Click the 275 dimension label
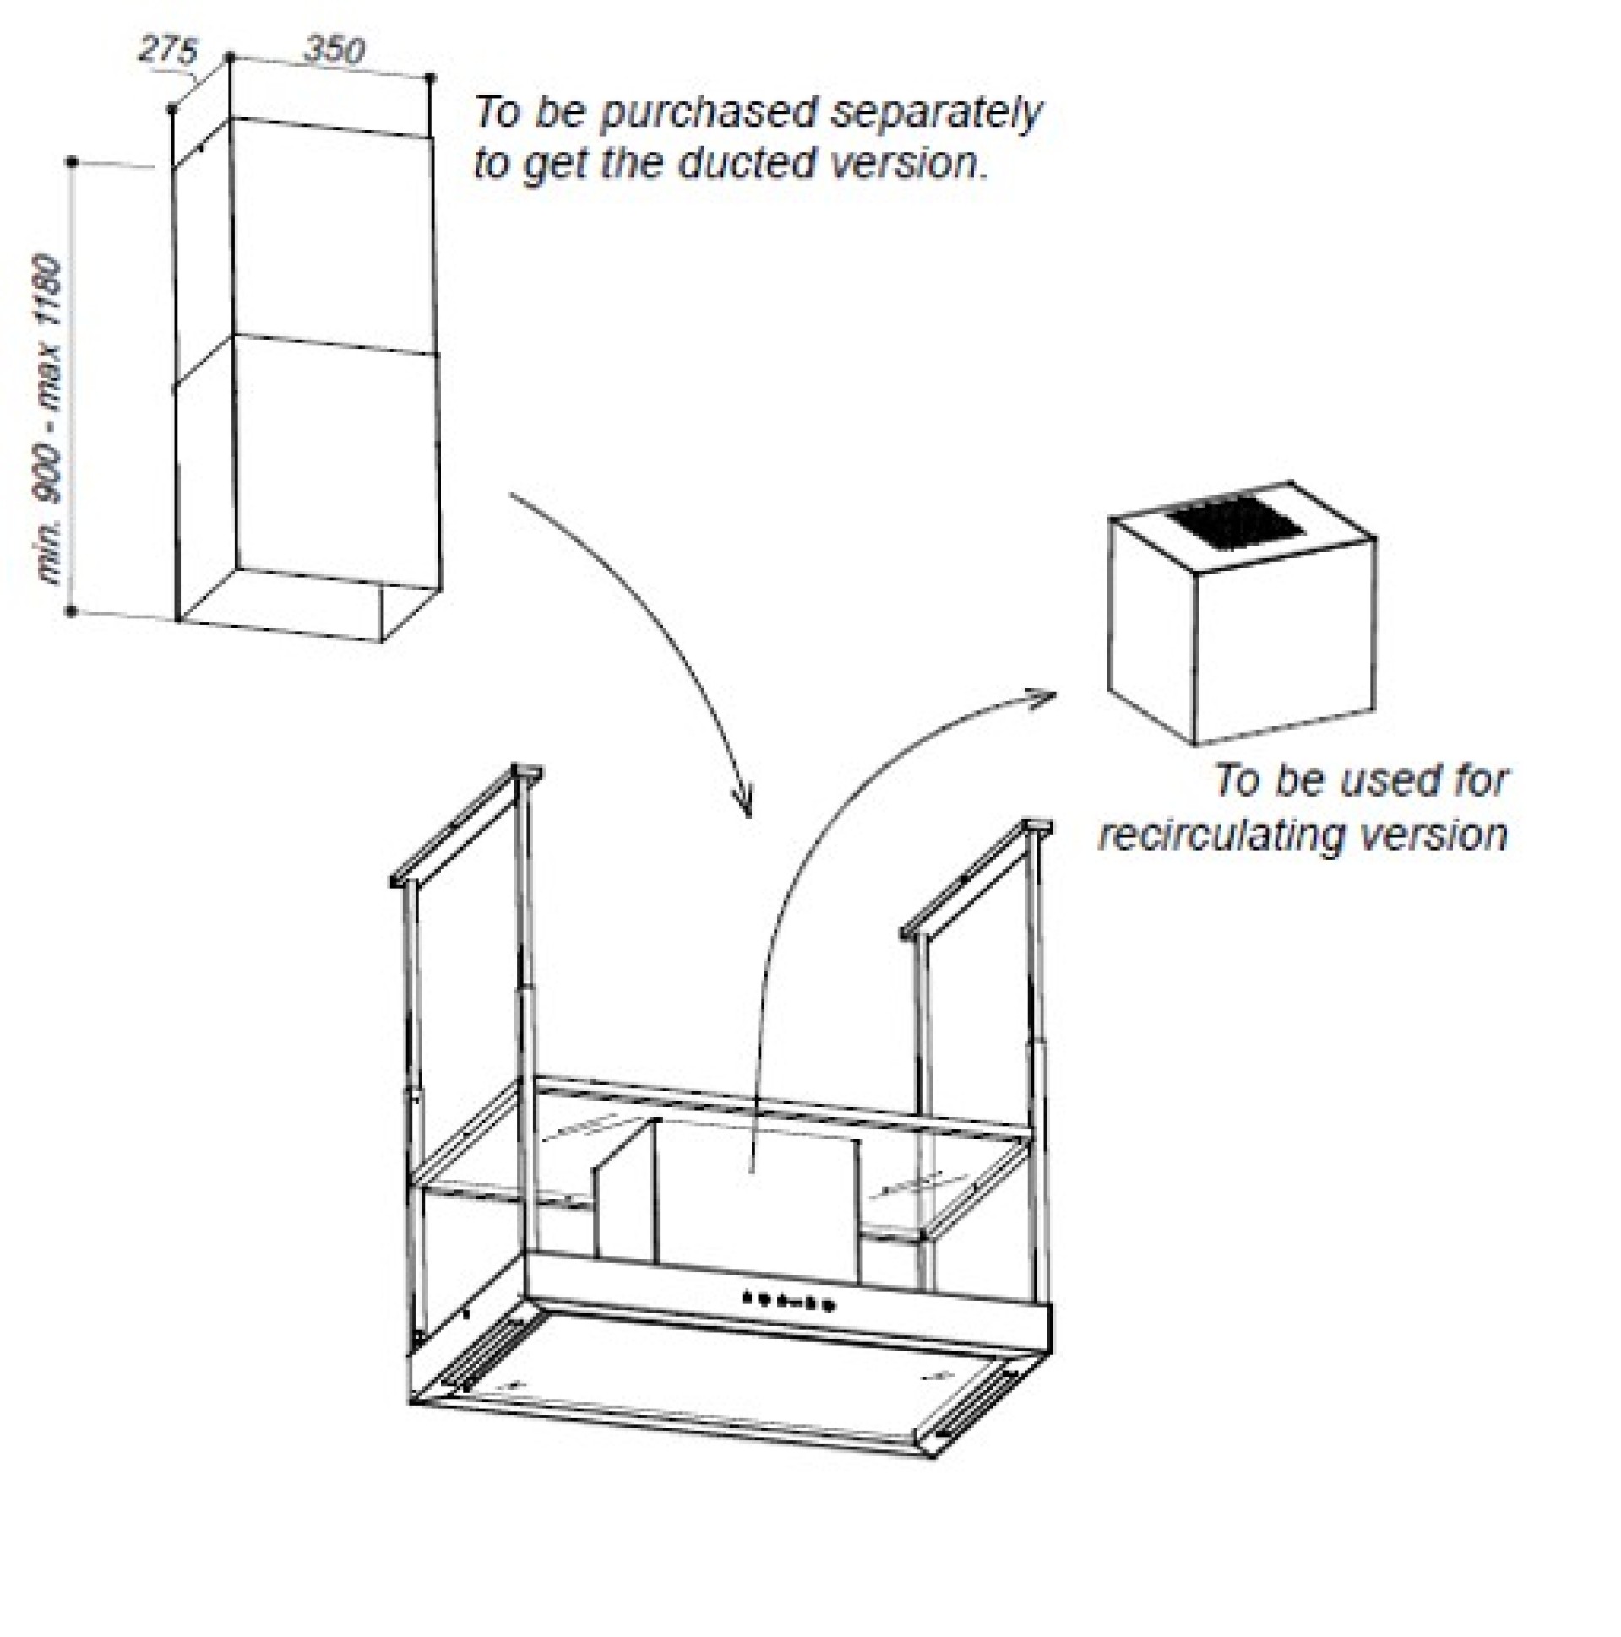(168, 50)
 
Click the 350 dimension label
(334, 50)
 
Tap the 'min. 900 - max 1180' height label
(51, 421)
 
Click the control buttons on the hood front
(788, 1300)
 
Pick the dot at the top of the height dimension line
(73, 161)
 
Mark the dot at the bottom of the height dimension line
(71, 611)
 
